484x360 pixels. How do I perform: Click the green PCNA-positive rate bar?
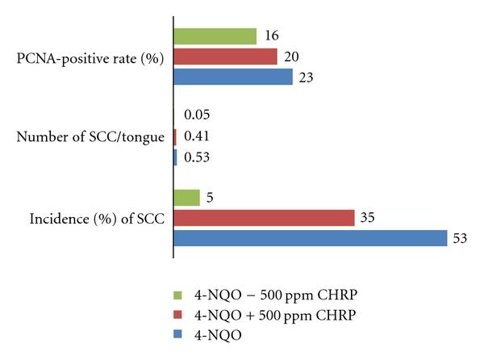[x=215, y=36]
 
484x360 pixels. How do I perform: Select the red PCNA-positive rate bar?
[x=226, y=57]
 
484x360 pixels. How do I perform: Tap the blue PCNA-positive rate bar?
[x=233, y=77]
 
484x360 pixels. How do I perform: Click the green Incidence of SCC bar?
[x=187, y=198]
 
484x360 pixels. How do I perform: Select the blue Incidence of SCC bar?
[x=311, y=238]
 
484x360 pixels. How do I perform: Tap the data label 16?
[x=271, y=37]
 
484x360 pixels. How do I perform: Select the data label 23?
[x=307, y=77]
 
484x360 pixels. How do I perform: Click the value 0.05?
[x=198, y=116]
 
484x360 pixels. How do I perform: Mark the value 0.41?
[x=198, y=136]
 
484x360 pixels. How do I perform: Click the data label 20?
[x=291, y=57]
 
